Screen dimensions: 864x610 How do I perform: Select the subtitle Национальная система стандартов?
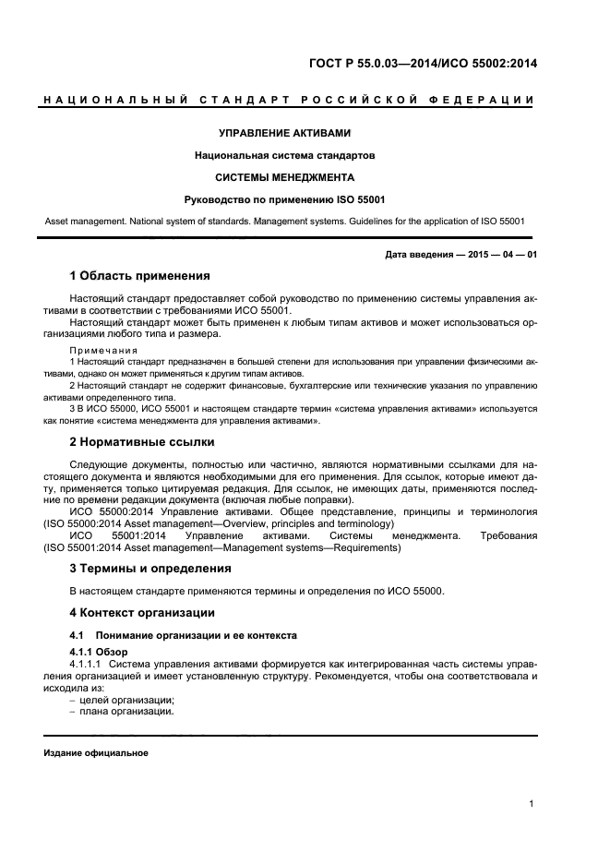pyautogui.click(x=284, y=155)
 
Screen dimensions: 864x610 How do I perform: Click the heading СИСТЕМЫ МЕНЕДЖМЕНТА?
pyautogui.click(x=284, y=176)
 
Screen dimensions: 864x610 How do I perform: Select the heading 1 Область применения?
pyautogui.click(x=139, y=275)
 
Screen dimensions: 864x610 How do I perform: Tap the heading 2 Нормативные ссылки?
pyautogui.click(x=142, y=441)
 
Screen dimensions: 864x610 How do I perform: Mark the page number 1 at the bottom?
pyautogui.click(x=532, y=804)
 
